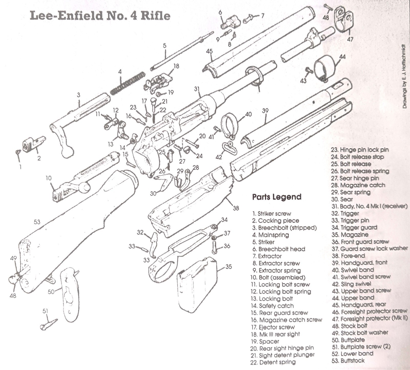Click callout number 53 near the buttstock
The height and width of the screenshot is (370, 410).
[37, 222]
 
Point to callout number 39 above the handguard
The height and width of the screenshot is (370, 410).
[265, 111]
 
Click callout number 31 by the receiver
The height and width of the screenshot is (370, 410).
[197, 89]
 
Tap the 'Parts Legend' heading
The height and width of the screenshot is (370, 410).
[276, 197]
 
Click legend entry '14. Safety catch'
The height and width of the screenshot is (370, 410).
[273, 305]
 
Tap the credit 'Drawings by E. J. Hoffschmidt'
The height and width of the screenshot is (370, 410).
[404, 77]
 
